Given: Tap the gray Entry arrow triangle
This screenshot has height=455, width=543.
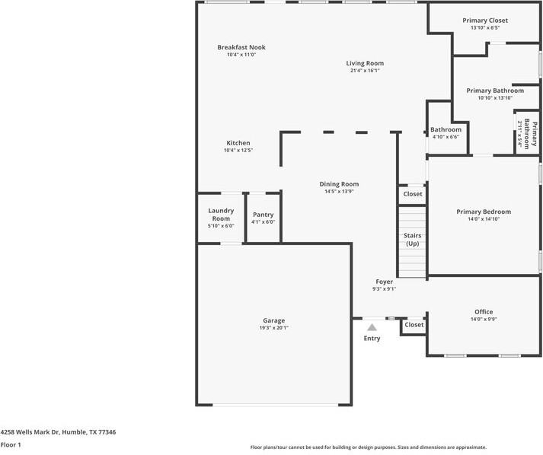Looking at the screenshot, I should [x=372, y=328].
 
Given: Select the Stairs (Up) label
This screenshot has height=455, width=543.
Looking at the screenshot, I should [x=412, y=239].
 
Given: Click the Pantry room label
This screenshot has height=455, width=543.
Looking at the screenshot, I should [x=263, y=215].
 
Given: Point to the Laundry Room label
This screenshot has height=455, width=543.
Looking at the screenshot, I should [x=221, y=214].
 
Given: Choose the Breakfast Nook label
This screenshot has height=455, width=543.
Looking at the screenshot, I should [x=241, y=47].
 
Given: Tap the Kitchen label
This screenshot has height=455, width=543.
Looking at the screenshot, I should [x=238, y=143].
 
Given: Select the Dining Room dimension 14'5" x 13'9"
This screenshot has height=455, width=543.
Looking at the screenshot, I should [x=339, y=192].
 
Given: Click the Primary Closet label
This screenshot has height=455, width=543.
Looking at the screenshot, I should [x=485, y=21].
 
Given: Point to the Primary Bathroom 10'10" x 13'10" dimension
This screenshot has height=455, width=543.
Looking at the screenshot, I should [x=495, y=97].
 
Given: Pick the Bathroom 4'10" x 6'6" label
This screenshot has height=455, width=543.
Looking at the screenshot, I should [x=446, y=129].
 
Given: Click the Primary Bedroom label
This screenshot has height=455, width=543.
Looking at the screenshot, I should [x=484, y=212].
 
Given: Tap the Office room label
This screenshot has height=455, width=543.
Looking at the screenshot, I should [x=484, y=312].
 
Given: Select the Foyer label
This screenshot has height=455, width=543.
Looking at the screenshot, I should [x=384, y=282].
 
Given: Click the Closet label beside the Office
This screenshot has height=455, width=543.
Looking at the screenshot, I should [x=414, y=325].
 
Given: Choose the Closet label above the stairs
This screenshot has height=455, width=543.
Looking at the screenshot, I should [x=413, y=194].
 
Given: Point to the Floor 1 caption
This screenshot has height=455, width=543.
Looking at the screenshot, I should [x=11, y=444].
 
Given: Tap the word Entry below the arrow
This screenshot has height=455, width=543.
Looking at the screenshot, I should [x=372, y=339].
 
